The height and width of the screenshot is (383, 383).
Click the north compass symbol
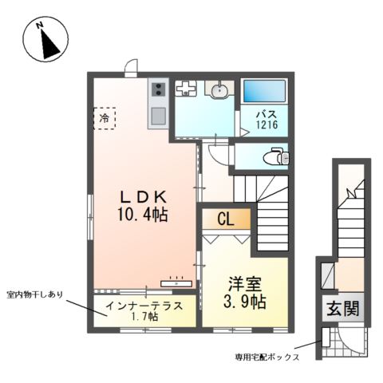tap(46, 41)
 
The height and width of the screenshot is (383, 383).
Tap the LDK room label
tap(144, 195)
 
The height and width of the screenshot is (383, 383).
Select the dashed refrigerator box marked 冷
tap(104, 119)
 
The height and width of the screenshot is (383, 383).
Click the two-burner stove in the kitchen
tap(157, 90)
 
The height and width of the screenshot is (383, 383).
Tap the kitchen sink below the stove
tap(157, 116)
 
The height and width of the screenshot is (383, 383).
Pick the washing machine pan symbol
tap(186, 89)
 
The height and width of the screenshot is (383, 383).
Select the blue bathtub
tap(267, 91)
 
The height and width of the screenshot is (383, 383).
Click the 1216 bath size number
tap(266, 126)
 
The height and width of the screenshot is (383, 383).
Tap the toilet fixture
tap(276, 156)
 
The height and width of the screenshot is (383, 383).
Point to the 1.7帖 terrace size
tap(144, 317)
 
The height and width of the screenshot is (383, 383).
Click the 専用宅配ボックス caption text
tap(267, 357)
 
